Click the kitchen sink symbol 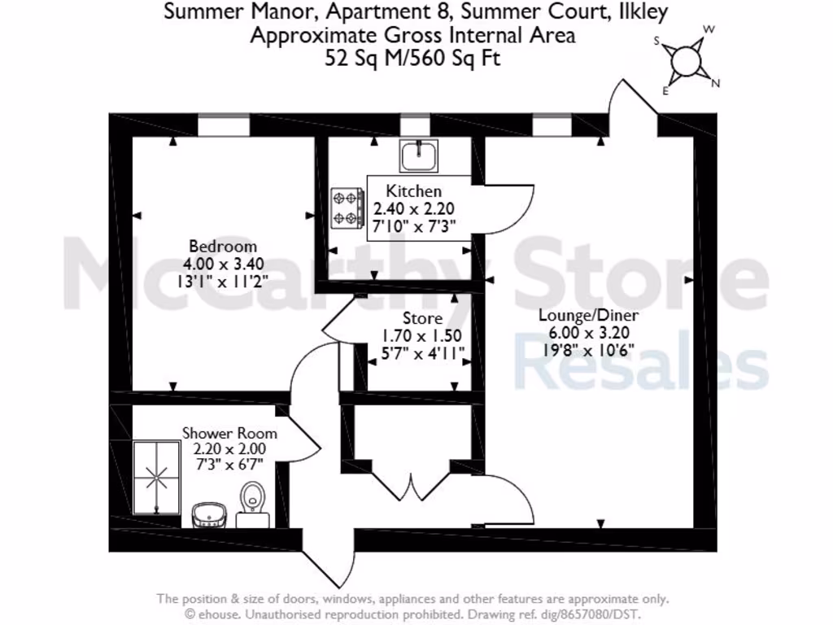(x=419, y=153)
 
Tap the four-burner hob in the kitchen (x=347, y=208)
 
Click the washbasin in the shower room (x=209, y=514)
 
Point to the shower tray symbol (x=156, y=478)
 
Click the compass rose (x=687, y=59)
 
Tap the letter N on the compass (x=716, y=83)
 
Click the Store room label (x=423, y=318)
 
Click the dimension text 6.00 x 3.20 (x=589, y=333)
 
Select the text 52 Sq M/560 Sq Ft (x=413, y=59)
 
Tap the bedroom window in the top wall (x=223, y=125)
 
